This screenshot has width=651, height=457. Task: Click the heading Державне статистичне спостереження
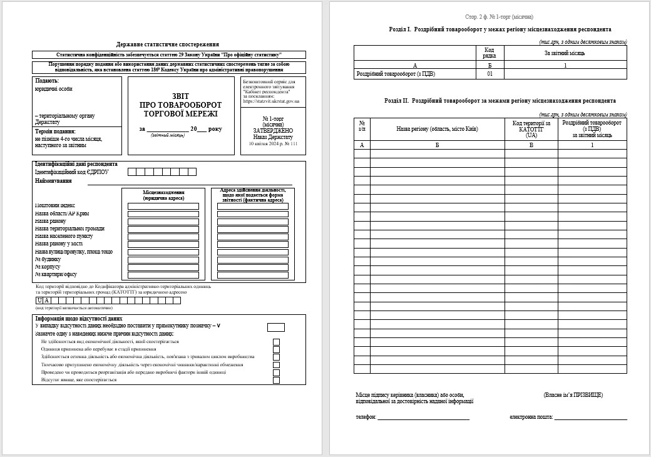168,44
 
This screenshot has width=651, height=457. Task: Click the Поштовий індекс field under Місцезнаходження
163,206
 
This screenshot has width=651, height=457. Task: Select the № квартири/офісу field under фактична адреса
252,275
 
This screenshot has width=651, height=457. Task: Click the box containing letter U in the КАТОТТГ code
39,300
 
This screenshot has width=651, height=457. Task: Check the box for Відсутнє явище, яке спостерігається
276,380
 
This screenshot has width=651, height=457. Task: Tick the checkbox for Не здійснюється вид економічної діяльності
276,342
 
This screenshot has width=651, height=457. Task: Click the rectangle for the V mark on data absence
275,327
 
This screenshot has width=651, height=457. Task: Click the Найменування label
53,181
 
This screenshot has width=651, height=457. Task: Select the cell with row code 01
490,74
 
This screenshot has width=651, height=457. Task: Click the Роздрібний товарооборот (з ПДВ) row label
396,74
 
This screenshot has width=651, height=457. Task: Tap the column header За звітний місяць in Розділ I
565,53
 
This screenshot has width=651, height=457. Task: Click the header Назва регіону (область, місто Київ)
437,129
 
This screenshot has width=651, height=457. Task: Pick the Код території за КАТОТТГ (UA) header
531,129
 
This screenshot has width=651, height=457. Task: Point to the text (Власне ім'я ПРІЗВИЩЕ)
573,395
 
